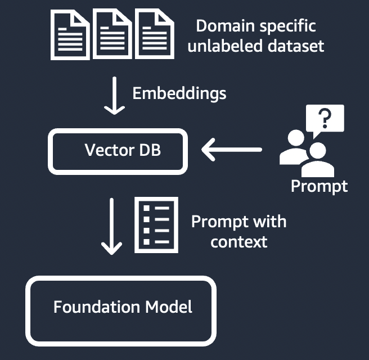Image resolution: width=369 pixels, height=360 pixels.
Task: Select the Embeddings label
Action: [x=179, y=93]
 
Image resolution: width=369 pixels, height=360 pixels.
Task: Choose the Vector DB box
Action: [x=116, y=151]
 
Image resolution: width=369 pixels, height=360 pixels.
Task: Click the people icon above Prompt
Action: [x=303, y=151]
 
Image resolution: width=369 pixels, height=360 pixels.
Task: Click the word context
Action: [x=238, y=242]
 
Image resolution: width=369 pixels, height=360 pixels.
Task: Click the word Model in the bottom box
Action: [x=169, y=307]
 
